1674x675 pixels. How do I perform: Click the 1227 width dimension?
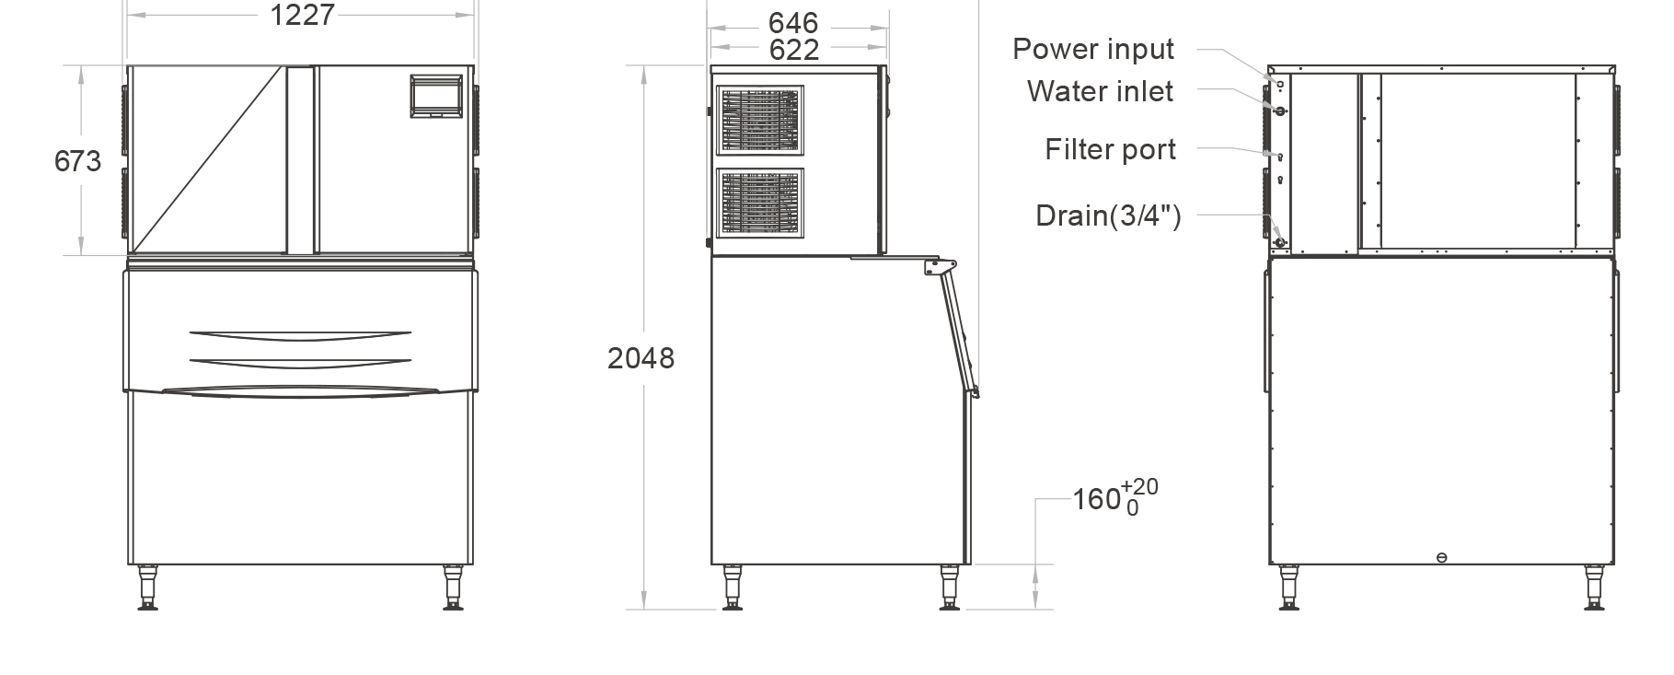(302, 15)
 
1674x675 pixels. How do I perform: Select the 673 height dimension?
(77, 161)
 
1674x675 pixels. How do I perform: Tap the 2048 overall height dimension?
(641, 358)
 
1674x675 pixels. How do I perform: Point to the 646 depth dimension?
(793, 23)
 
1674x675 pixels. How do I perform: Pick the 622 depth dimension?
(793, 50)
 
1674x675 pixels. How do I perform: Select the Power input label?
(1093, 49)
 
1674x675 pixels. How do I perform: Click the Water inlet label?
(1100, 91)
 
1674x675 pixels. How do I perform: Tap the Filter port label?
(1110, 149)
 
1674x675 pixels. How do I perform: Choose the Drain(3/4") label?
(1108, 215)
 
